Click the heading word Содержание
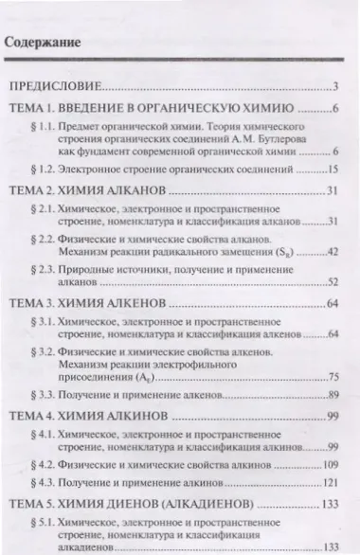pos(42,45)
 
